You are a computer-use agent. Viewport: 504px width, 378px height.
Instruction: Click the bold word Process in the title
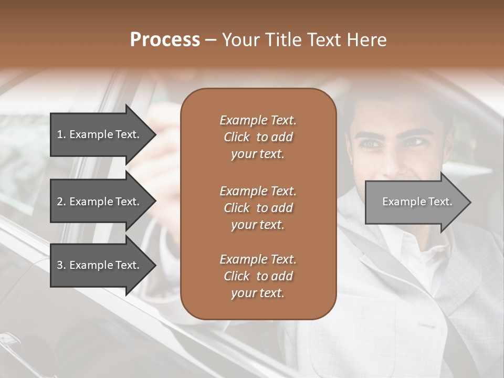pos(165,40)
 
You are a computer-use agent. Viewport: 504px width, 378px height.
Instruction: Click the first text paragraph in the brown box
pos(258,137)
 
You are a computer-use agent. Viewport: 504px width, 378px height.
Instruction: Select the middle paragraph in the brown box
pos(258,208)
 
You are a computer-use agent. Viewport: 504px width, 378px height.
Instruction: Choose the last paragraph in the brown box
pos(258,276)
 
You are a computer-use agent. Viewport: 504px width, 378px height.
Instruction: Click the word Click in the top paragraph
pos(237,137)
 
